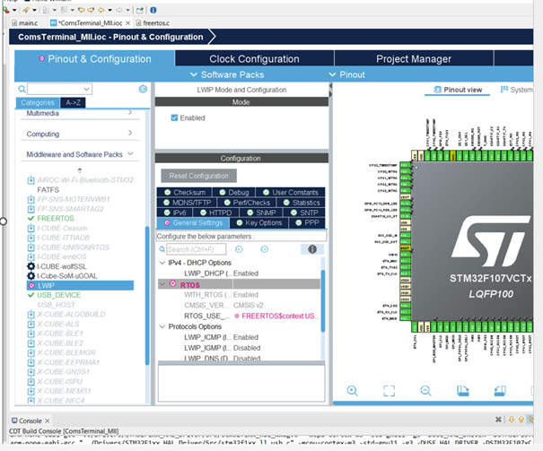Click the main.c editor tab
27,22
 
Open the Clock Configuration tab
241,59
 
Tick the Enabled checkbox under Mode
175,117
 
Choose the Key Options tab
263,222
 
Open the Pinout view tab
463,90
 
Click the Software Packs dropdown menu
232,74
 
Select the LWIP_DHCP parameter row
206,273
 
